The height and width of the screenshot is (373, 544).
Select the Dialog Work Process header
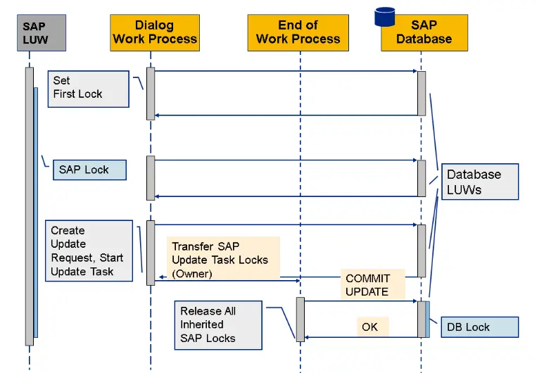point(155,32)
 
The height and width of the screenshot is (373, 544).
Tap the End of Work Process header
point(298,32)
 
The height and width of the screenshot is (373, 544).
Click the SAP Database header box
point(424,32)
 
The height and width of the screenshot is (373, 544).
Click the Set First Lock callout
point(89,88)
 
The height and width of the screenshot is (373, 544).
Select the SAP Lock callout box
point(89,170)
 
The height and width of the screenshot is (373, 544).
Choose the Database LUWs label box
point(479,182)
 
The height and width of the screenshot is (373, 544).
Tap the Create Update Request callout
point(89,251)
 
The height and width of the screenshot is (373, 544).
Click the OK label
point(371,327)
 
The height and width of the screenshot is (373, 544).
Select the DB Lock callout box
point(479,327)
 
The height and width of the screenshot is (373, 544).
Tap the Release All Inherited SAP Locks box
point(218,324)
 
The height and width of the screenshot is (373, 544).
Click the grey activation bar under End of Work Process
point(300,319)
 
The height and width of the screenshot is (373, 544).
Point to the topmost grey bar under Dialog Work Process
point(151,93)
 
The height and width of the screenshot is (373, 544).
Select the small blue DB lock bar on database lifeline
point(427,319)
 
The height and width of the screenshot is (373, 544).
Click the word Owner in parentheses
point(192,273)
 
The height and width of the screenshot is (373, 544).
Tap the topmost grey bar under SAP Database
point(422,93)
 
